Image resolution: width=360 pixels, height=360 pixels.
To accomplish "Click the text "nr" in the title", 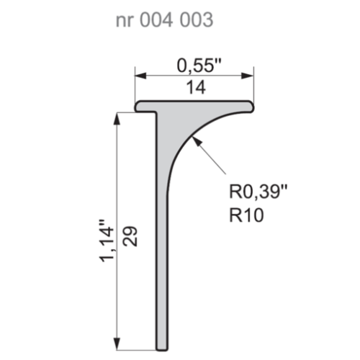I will point(125,21).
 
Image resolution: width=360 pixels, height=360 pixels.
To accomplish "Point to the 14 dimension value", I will point(195,88).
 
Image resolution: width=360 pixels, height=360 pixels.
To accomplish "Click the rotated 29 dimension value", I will point(129,234).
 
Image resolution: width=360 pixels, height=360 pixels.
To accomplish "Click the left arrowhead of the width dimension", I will point(140,76).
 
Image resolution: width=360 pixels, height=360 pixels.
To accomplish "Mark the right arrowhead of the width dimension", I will point(251,76).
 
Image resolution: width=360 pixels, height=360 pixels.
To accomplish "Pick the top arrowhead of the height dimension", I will point(116,117).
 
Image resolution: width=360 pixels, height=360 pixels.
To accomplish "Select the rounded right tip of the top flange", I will point(253,106).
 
